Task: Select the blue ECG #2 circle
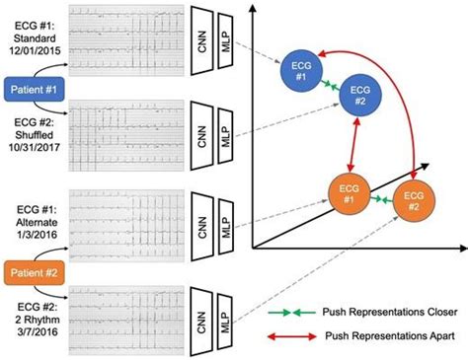360,95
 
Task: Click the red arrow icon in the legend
291,335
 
